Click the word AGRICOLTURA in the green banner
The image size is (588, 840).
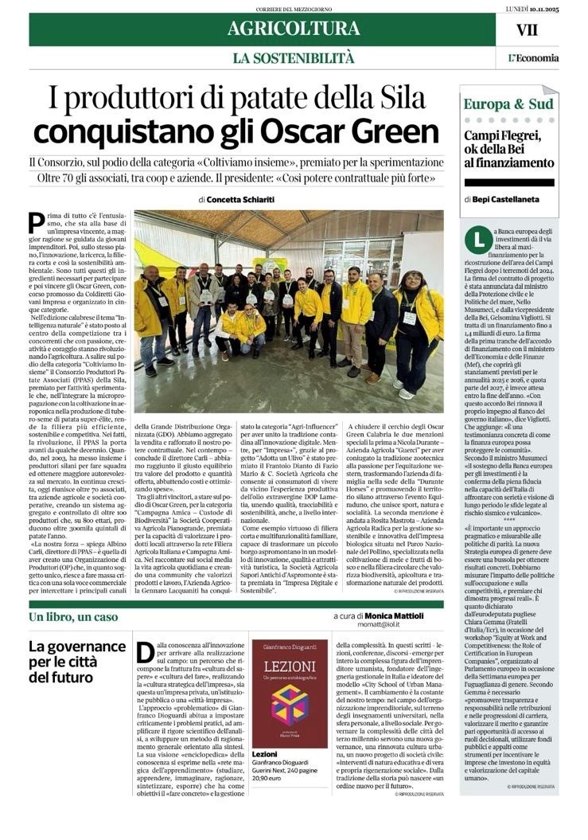[293, 29]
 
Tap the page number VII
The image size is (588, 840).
[527, 30]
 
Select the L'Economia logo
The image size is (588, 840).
[533, 57]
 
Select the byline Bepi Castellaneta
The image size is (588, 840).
[516, 200]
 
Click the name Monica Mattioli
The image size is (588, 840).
[394, 615]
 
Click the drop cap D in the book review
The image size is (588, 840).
[146, 652]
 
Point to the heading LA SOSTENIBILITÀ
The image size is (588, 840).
[293, 57]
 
